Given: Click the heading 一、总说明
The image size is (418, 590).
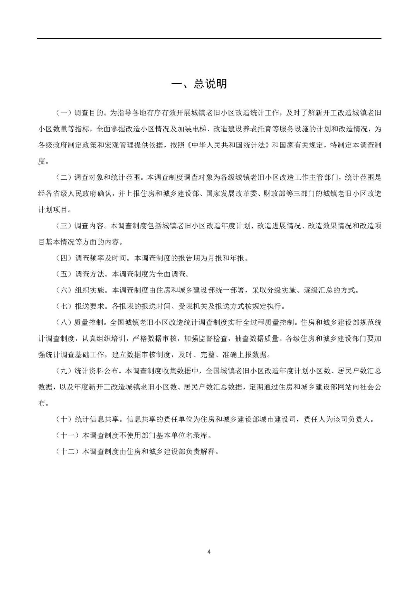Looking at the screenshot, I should click(199, 84).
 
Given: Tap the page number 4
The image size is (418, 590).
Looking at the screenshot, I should click(209, 551).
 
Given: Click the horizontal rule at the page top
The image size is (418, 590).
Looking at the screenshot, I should click(209, 38).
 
